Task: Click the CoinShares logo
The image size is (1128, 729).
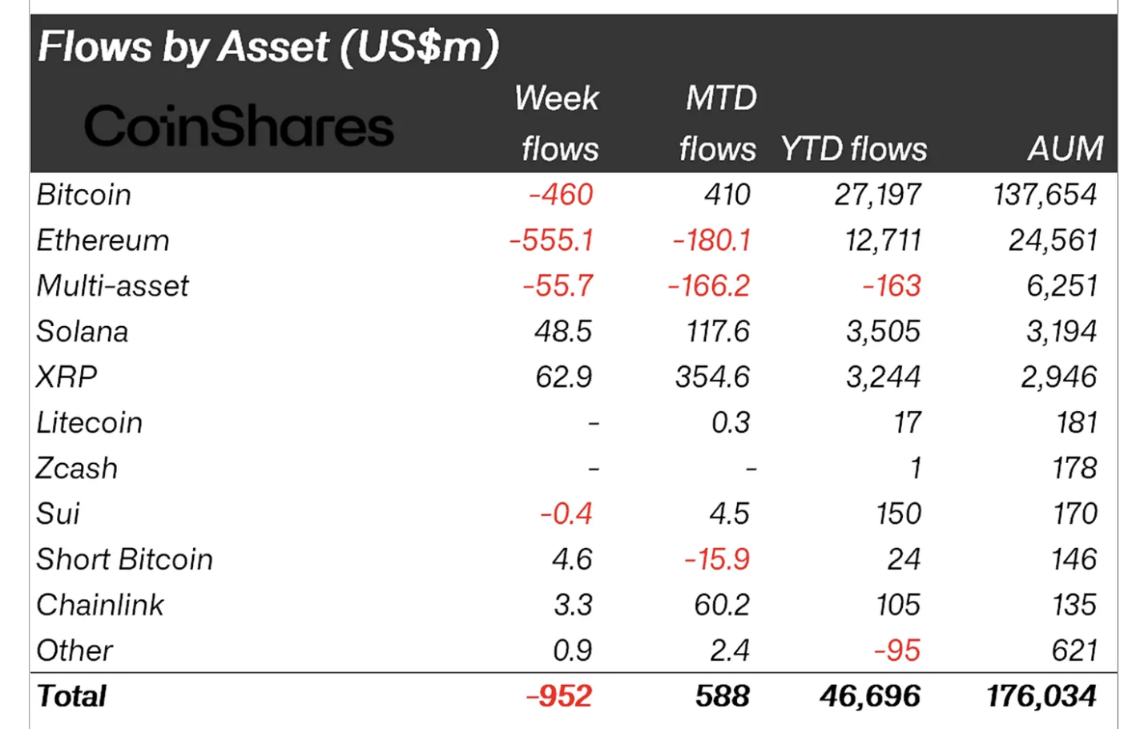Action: (x=239, y=127)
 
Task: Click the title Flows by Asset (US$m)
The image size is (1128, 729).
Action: (x=268, y=46)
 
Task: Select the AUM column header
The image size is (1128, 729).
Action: (x=1065, y=149)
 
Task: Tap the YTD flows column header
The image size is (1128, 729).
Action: (x=853, y=149)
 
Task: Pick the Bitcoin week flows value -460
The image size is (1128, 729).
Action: (x=561, y=195)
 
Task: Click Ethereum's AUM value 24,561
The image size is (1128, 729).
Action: (x=1053, y=240)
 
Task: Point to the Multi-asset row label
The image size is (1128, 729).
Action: (x=113, y=286)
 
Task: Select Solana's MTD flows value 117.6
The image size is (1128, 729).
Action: (x=718, y=332)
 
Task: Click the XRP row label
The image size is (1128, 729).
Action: (x=66, y=377)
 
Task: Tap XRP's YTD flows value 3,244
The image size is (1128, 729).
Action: (x=883, y=377)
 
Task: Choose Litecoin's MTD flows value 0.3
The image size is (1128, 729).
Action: (x=731, y=422)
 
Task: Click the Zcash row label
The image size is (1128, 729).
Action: (x=77, y=468)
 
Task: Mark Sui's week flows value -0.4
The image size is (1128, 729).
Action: (x=566, y=514)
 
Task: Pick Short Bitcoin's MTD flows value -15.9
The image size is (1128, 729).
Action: (x=717, y=559)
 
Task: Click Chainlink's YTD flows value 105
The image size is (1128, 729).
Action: (x=898, y=605)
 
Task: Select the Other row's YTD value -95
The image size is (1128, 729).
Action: (x=896, y=650)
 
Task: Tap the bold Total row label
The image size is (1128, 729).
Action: (x=72, y=696)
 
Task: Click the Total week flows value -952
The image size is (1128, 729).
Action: (x=559, y=696)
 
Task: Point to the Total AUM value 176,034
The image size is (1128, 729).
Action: (x=1041, y=696)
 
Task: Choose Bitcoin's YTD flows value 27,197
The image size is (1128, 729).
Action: (x=877, y=195)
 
